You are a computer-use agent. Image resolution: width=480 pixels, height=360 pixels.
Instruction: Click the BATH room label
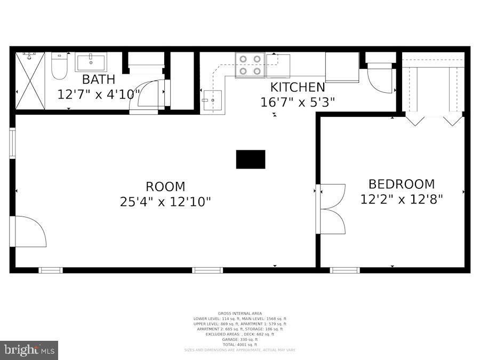pos(98,80)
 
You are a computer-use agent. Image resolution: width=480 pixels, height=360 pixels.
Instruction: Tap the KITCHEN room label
pos(297,87)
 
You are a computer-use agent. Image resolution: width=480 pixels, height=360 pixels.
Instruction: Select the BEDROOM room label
pos(402,184)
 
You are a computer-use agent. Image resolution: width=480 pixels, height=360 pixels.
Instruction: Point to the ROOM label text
pos(165,187)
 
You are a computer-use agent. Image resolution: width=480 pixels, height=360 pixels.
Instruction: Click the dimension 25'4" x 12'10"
pos(165,202)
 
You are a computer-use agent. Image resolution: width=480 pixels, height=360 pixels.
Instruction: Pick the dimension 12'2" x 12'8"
pos(402,199)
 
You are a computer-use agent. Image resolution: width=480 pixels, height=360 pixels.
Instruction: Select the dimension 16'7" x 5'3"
pos(297,102)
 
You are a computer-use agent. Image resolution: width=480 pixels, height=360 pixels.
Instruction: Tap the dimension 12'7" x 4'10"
pos(99,94)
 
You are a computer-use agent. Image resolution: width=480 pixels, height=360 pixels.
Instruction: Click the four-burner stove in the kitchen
pos(250,65)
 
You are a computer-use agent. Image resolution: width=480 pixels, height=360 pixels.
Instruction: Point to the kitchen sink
pos(212,100)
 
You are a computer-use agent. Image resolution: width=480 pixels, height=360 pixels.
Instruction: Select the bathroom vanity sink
pos(91,62)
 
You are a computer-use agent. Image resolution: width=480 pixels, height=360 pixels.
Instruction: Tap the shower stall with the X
pos(30,81)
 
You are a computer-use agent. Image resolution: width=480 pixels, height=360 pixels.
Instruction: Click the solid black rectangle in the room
pos(251,159)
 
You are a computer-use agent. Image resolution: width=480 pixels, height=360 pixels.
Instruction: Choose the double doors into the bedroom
pos(331,209)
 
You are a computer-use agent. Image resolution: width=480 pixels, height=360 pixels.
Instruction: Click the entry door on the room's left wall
pos(29,231)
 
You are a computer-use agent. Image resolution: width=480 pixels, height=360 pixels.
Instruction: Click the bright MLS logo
pos(29,350)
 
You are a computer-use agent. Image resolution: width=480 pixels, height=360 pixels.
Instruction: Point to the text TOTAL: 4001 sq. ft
pos(239,345)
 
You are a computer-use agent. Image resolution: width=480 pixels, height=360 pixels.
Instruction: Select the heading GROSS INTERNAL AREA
pos(239,313)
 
